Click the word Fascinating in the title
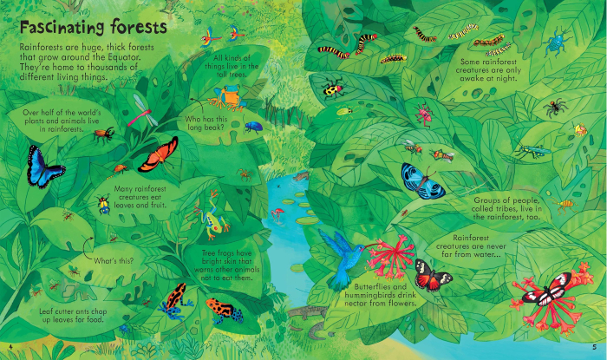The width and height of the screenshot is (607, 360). point(62,23)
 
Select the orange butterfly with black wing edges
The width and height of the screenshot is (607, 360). point(158,154)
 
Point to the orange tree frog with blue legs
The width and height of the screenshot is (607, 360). point(230,95)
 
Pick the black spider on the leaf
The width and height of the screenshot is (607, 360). point(554,108)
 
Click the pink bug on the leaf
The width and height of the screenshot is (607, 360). point(423,114)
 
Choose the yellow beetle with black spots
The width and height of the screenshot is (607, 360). point(333,88)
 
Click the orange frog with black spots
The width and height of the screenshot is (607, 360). point(223,308)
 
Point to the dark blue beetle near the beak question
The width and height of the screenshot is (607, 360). point(254,126)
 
